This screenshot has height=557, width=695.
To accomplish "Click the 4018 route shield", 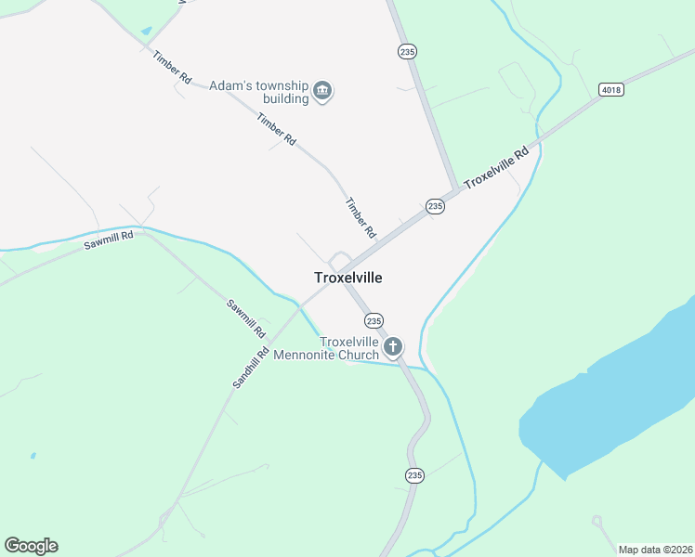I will pyautogui.click(x=610, y=90).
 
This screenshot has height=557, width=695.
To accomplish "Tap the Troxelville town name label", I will pyautogui.click(x=348, y=278).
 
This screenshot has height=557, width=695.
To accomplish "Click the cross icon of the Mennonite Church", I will pyautogui.click(x=393, y=348).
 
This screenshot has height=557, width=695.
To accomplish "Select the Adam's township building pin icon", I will pyautogui.click(x=323, y=91).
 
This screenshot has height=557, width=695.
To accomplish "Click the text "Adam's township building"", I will pyautogui.click(x=258, y=91).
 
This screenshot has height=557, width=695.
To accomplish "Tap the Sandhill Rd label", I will pyautogui.click(x=251, y=367).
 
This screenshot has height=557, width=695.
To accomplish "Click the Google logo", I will pyautogui.click(x=31, y=546).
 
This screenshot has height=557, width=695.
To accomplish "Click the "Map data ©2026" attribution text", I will pyautogui.click(x=655, y=550).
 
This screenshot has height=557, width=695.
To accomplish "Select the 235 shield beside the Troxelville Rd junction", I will pyautogui.click(x=435, y=206).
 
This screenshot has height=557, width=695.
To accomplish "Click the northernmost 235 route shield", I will pyautogui.click(x=406, y=52).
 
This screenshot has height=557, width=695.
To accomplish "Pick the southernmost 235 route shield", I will pyautogui.click(x=414, y=475).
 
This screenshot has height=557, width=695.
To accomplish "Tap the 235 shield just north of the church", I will pyautogui.click(x=374, y=320).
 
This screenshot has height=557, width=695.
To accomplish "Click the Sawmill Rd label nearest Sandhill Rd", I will pyautogui.click(x=246, y=317).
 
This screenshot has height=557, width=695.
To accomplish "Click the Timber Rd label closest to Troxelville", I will pyautogui.click(x=360, y=217).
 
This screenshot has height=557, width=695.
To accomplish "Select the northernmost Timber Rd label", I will pyautogui.click(x=172, y=67).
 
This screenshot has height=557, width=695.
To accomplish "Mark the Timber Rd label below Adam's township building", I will pyautogui.click(x=277, y=129).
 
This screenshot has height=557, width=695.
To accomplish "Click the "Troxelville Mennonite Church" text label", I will pyautogui.click(x=349, y=348).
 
